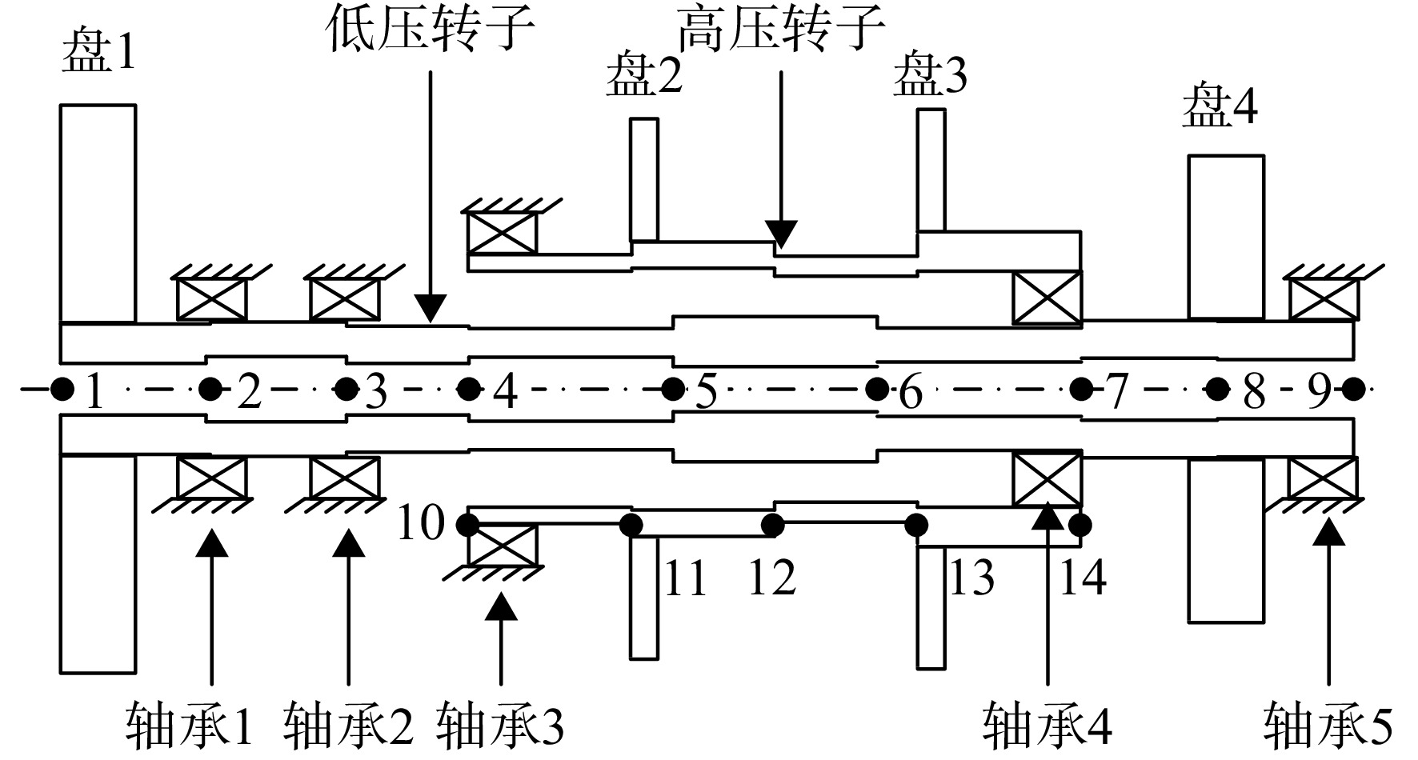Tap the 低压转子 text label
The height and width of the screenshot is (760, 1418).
pyautogui.click(x=430, y=30)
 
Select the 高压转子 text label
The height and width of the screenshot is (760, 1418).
pyautogui.click(x=781, y=30)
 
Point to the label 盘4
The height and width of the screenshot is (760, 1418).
pyautogui.click(x=1220, y=108)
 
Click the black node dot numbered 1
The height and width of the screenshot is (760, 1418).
pyautogui.click(x=61, y=390)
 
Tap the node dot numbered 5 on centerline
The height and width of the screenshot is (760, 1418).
pyautogui.click(x=673, y=390)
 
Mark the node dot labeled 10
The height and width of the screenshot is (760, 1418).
pyautogui.click(x=467, y=525)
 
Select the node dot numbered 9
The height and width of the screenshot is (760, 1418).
pyautogui.click(x=1352, y=390)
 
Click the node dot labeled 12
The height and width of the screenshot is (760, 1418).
pyautogui.click(x=772, y=525)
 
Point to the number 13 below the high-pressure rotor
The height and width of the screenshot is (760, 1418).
pyautogui.click(x=971, y=578)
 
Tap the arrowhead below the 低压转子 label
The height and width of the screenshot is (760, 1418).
pyautogui.click(x=431, y=309)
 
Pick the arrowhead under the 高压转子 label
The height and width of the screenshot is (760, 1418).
pyautogui.click(x=781, y=234)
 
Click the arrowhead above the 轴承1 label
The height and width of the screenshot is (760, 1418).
pyautogui.click(x=211, y=542)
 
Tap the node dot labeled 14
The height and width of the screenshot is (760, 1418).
pyautogui.click(x=1080, y=525)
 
